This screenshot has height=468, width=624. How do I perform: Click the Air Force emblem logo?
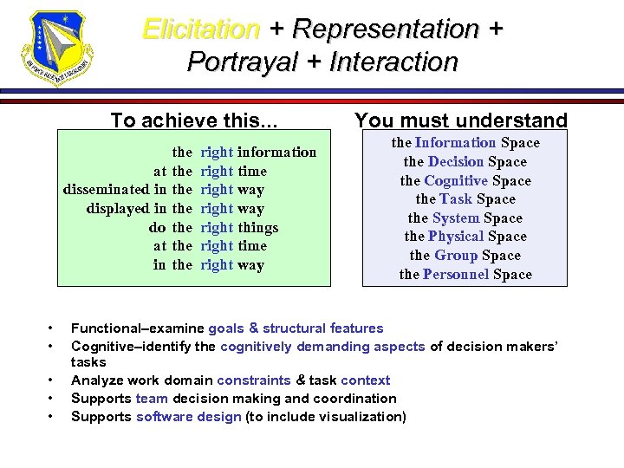coord(57,49)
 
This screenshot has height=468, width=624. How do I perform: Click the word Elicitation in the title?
coord(201,29)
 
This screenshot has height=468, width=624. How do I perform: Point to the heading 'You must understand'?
coord(461,121)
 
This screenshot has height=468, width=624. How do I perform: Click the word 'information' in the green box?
coord(276,153)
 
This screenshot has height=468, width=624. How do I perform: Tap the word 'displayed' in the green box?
coord(117,209)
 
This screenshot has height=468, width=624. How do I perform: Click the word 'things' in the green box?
coord(258,228)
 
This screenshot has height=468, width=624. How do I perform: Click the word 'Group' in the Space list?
coord(455,256)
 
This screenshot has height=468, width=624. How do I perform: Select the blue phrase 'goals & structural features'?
coord(295,328)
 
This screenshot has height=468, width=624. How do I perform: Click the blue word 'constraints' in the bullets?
coord(255,380)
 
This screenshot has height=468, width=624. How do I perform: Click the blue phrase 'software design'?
coord(189,417)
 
